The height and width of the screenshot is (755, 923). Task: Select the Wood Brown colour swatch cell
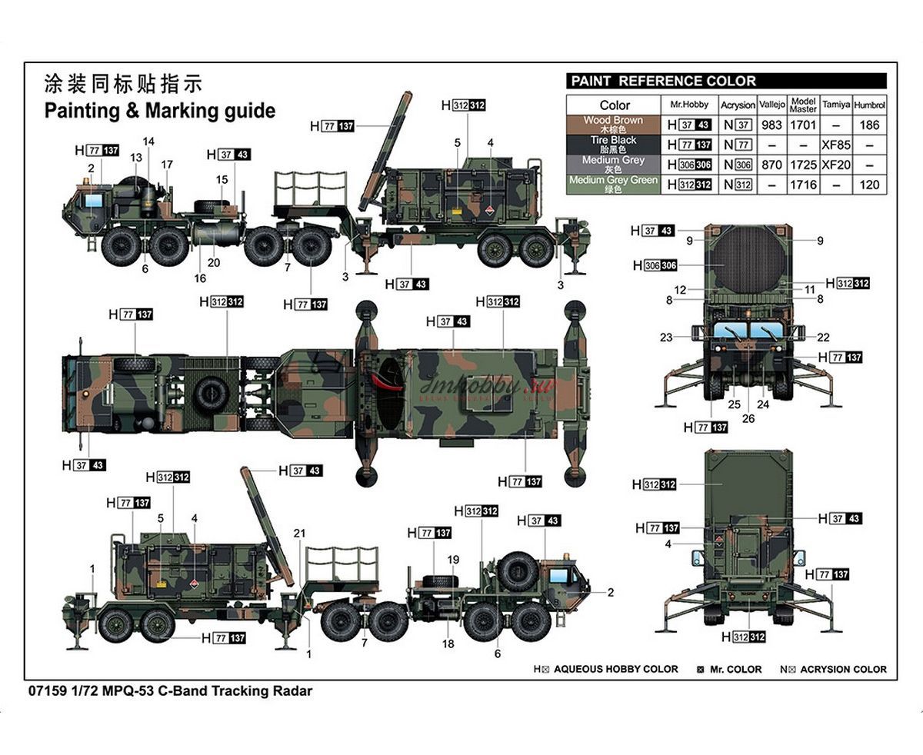(612, 125)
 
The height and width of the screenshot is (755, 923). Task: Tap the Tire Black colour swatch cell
(612, 145)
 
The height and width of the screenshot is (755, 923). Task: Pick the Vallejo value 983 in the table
(771, 125)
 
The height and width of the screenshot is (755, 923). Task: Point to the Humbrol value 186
(870, 125)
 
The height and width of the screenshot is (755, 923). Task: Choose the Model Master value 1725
(803, 165)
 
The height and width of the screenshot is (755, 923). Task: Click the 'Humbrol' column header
(870, 105)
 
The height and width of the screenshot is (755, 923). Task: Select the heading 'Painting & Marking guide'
(159, 111)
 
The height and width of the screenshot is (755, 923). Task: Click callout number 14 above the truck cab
(148, 141)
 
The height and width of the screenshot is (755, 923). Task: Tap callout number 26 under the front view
(748, 419)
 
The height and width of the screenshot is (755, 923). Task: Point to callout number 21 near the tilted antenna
(300, 534)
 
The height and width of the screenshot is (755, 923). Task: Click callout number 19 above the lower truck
(453, 560)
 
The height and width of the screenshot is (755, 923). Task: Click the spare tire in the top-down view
(209, 393)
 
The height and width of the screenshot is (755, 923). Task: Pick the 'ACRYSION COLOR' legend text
(843, 670)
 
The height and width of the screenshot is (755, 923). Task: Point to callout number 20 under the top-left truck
(214, 263)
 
